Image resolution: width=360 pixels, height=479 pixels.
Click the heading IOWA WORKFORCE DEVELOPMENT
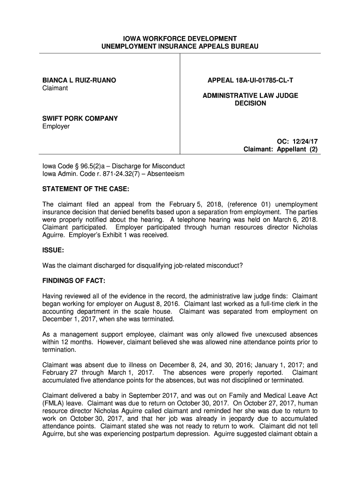click(x=180, y=38)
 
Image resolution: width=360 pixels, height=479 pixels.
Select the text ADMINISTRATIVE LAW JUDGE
click(x=250, y=95)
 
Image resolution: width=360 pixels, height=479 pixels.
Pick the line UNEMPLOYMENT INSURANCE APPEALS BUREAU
click(x=180, y=46)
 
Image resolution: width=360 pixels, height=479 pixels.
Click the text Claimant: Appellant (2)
click(x=281, y=150)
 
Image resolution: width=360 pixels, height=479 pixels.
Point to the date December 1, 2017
click(x=67, y=319)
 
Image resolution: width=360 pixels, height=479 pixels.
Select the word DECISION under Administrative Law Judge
click(x=250, y=103)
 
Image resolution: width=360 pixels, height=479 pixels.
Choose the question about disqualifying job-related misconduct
click(x=143, y=265)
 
